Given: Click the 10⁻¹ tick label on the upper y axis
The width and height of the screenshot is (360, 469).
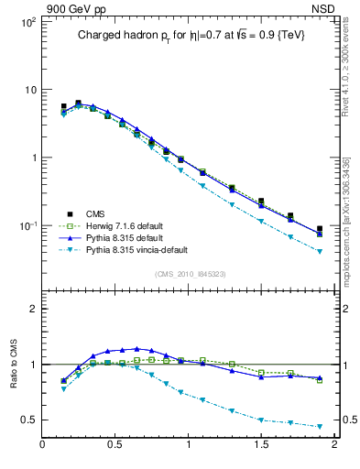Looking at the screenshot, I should pos(26,225).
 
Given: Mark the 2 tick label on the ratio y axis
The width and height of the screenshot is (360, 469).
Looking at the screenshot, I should pos(32,309).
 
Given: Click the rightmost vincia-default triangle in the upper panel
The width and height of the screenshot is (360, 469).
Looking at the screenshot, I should pos(320,251).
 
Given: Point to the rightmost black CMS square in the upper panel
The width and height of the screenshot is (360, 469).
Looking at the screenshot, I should pos(320,229).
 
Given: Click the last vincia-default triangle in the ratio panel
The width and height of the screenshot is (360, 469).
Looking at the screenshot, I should pos(320,427).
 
